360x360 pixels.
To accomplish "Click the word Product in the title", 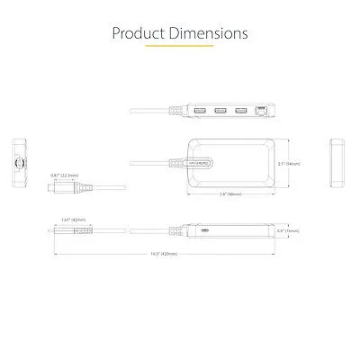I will (x=138, y=34).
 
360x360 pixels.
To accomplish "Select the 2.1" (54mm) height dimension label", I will (x=289, y=164).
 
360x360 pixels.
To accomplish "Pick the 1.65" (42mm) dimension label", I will (x=72, y=220).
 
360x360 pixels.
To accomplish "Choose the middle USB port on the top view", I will (x=220, y=111).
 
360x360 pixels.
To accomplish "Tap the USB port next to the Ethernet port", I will (x=239, y=111).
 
